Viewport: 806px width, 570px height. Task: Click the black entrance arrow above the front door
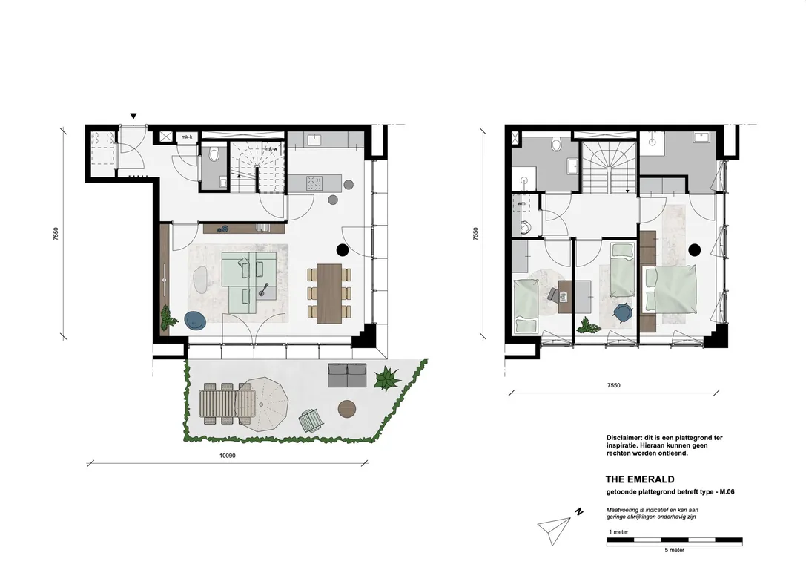point(133,117)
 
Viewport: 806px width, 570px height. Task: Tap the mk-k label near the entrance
point(187,137)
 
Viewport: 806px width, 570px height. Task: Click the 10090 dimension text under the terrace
point(227,455)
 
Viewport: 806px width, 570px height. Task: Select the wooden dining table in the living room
point(329,294)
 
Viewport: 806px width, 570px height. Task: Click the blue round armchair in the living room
point(195,320)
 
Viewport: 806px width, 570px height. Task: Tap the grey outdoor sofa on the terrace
point(348,376)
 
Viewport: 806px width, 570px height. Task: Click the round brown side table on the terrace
point(348,410)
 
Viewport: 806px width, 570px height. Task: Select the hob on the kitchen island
point(314,183)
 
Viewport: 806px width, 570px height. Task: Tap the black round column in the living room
point(343,250)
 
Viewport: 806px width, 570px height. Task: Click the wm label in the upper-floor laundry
point(522,203)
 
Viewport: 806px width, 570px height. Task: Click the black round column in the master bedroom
point(695,250)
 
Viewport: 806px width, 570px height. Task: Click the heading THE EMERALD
point(639,479)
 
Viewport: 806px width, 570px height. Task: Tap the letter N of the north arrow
point(579,512)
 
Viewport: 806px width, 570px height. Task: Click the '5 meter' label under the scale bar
point(675,550)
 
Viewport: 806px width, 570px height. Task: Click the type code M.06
point(727,492)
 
